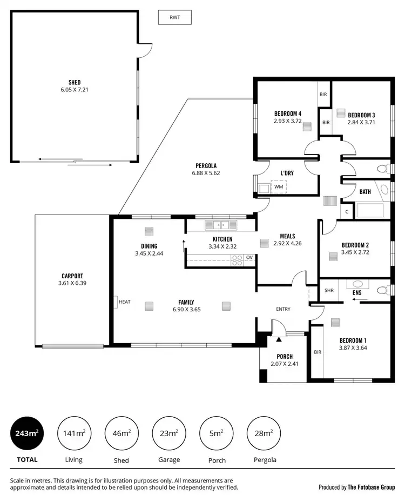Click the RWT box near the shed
[174, 17]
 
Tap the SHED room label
[75, 82]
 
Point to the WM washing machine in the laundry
[279, 187]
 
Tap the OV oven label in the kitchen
[249, 257]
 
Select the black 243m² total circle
[27, 433]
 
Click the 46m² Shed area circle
[121, 433]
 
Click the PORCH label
[285, 356]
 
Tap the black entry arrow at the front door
[279, 339]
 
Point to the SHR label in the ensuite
[329, 290]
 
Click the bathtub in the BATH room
[369, 210]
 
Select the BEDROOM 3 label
[361, 115]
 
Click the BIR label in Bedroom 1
[317, 352]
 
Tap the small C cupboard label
[347, 211]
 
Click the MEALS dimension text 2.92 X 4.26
[287, 244]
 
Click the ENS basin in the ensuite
[357, 284]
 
